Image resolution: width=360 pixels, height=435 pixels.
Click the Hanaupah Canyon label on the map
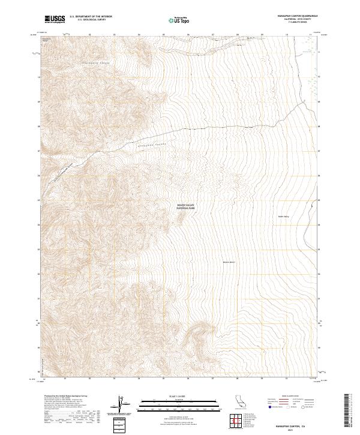click(x=151, y=144)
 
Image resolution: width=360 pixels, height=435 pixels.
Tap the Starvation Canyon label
click(x=92, y=63)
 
